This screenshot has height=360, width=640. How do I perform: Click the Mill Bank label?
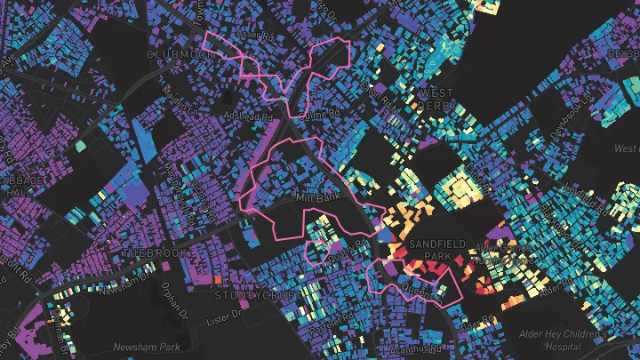[x=318, y=198]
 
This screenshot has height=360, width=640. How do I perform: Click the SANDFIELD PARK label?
[x=430, y=250]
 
